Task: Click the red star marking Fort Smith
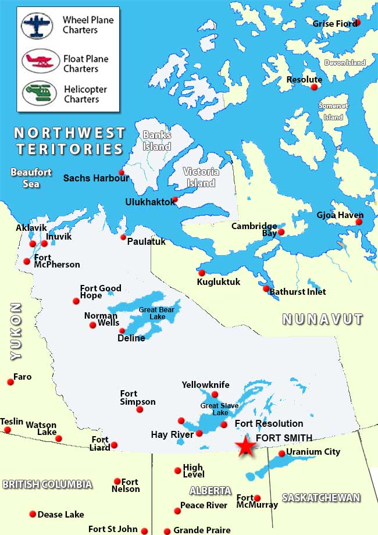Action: (x=246, y=447)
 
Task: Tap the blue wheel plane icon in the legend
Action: (x=41, y=25)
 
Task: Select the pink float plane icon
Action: (x=41, y=60)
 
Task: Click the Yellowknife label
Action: (x=205, y=385)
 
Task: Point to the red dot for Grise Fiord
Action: (x=357, y=23)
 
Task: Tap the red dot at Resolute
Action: (x=315, y=87)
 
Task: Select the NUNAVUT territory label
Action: (x=322, y=319)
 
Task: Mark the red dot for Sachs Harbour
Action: (x=122, y=172)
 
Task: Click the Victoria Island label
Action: (x=201, y=177)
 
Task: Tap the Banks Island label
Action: (x=157, y=141)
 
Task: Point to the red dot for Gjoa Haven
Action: (x=359, y=222)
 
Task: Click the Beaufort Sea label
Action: (x=31, y=178)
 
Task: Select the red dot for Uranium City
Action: (x=282, y=454)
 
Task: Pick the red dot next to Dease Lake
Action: (x=32, y=514)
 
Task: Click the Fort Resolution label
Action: (x=269, y=423)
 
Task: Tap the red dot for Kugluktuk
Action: (x=202, y=273)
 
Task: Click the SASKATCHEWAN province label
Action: (x=321, y=498)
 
